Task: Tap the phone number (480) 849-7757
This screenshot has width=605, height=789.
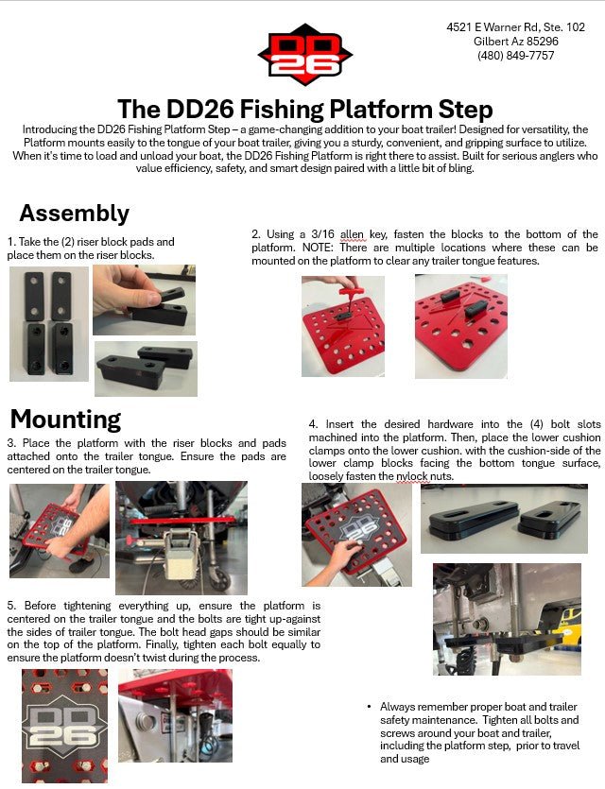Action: [x=515, y=56]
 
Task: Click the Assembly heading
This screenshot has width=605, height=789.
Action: [x=74, y=213]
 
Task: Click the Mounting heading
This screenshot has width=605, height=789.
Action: [x=65, y=419]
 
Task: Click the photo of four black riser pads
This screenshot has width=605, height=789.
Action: [x=48, y=323]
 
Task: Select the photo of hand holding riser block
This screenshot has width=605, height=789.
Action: [x=144, y=300]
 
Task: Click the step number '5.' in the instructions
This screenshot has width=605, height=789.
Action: [x=11, y=605]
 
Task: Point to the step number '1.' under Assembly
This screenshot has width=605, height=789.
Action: [x=10, y=242]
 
